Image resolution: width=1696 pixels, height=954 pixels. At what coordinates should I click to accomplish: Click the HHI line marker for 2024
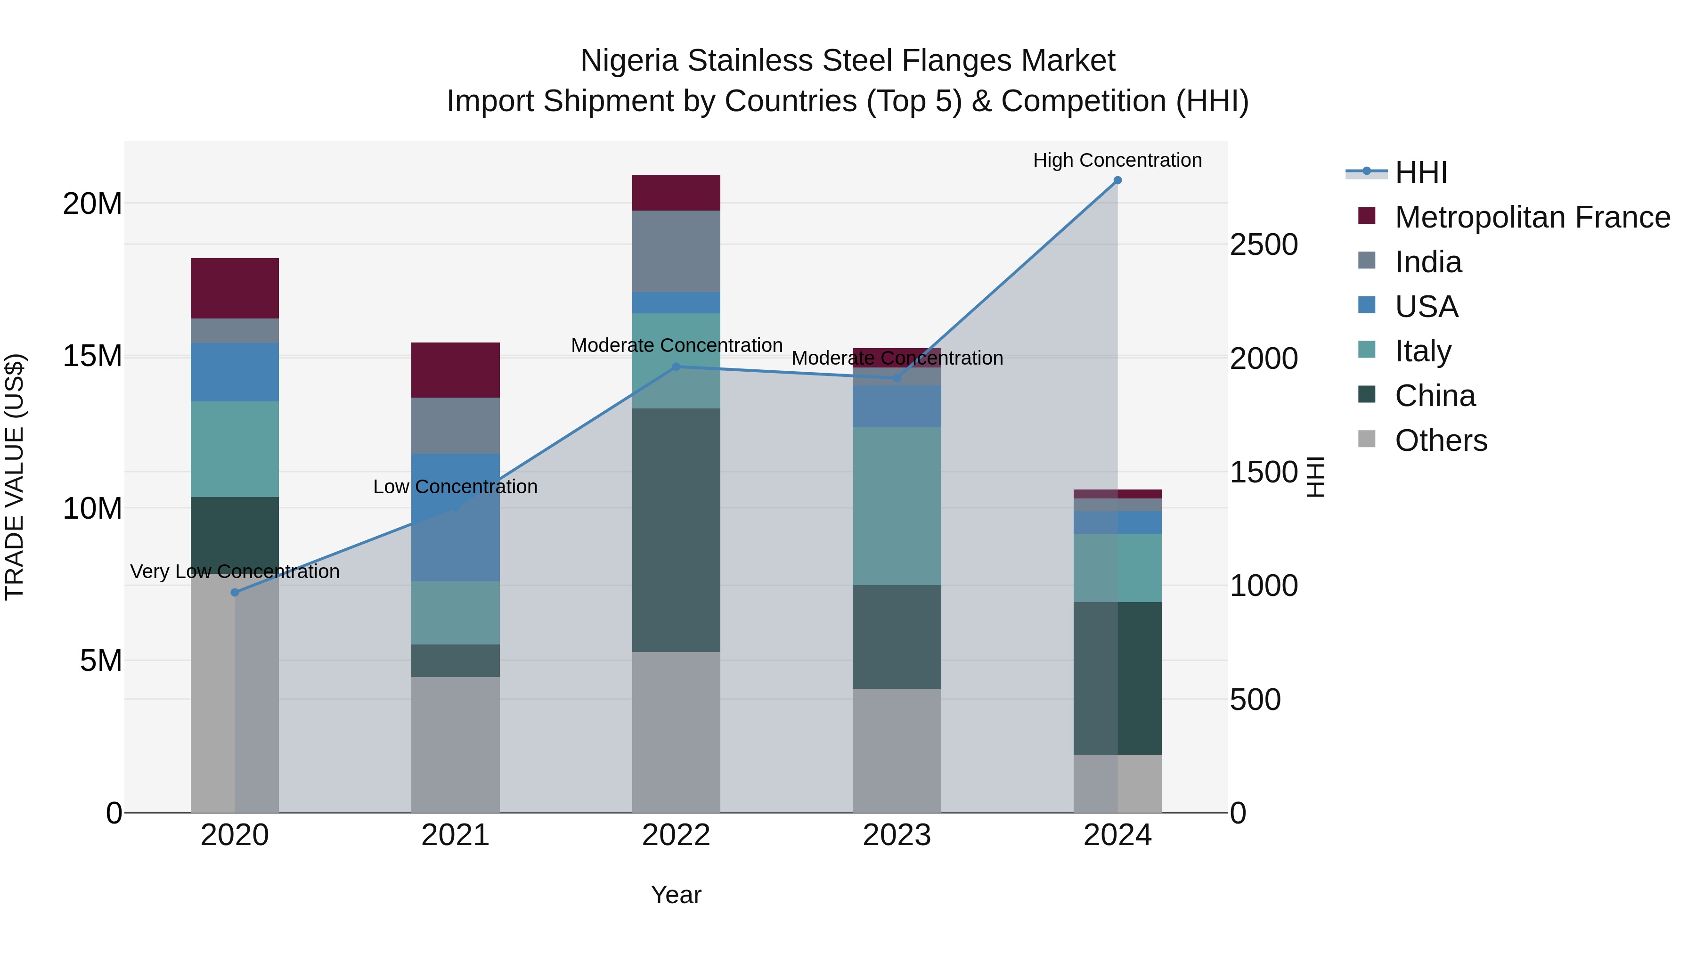coord(1117,180)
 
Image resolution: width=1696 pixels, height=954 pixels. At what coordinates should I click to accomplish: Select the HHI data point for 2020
coord(235,593)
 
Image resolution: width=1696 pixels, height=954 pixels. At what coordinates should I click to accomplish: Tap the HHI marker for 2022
coord(676,367)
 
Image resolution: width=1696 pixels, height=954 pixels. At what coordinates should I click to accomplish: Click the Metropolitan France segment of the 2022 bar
coord(676,193)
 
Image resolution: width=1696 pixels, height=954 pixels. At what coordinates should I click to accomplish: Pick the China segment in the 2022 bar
coord(676,530)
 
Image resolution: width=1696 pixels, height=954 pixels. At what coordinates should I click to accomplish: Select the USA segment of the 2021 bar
coord(456,517)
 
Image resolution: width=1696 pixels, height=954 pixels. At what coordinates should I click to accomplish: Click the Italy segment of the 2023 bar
coord(897,506)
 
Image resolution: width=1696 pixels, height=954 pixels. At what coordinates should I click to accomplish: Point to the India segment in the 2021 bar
coord(456,425)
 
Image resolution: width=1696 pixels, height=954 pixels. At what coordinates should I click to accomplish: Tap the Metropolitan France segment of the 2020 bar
coord(235,288)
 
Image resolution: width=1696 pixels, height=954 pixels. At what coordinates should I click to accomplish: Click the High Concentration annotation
coord(1117,160)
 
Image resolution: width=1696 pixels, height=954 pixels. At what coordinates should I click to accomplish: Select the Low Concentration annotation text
coord(456,487)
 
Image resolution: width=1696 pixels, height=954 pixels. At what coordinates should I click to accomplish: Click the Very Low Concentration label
coord(235,571)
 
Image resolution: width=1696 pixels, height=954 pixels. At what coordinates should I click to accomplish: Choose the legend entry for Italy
coord(1423,351)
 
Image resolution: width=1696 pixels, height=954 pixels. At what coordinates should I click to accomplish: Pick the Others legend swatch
coord(1367,439)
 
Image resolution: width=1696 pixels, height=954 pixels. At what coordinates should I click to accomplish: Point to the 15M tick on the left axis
coord(92,356)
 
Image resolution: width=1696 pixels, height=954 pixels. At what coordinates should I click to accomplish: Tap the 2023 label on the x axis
coord(897,835)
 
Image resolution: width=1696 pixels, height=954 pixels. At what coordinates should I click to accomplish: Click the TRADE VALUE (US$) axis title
coord(15,477)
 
